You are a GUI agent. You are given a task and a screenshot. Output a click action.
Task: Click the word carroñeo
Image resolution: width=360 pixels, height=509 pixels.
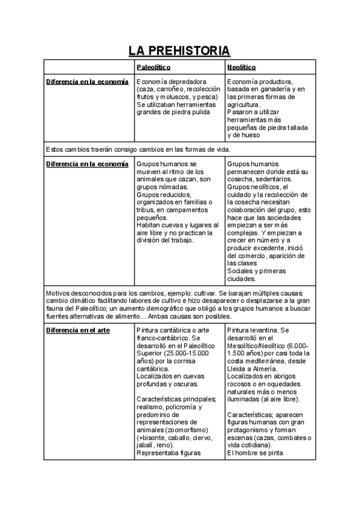172,89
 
